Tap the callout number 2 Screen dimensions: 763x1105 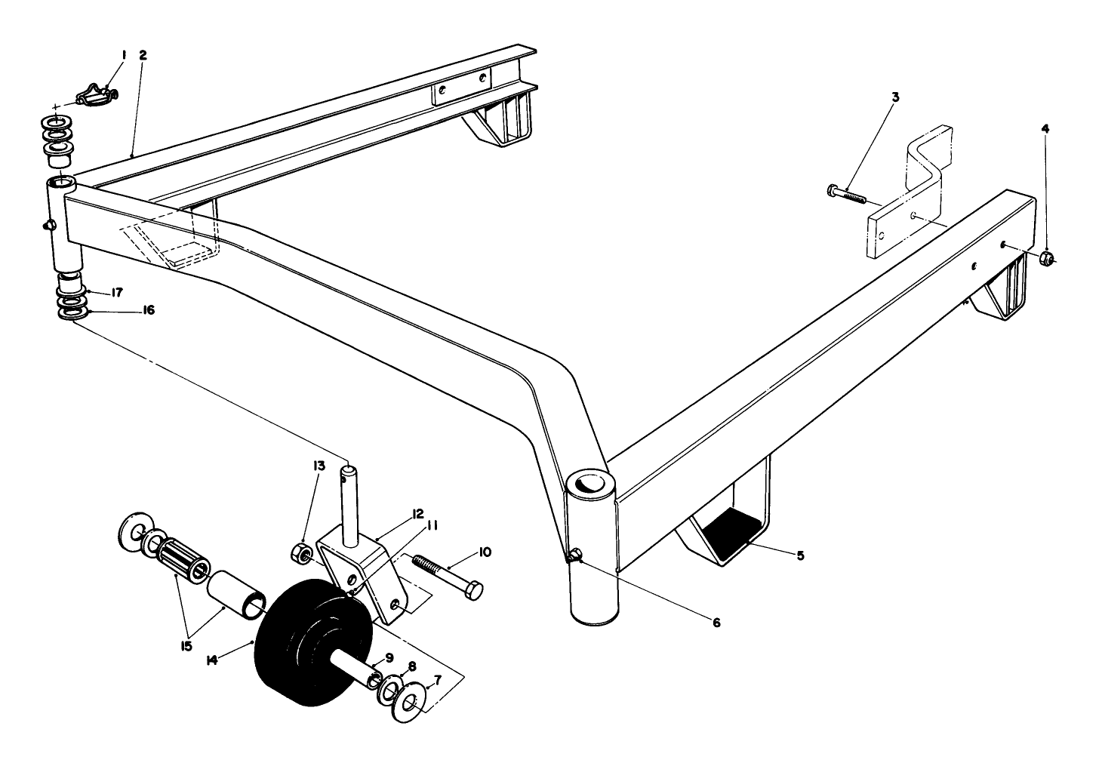(x=143, y=55)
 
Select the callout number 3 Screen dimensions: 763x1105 (x=895, y=97)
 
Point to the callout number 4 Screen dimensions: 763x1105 (x=1045, y=129)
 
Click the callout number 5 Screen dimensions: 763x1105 (x=801, y=555)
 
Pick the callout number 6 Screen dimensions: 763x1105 (x=716, y=623)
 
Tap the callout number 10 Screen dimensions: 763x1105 (x=485, y=552)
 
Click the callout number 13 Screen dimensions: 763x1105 (x=319, y=466)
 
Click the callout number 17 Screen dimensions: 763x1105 (x=117, y=292)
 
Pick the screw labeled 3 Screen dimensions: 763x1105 (x=846, y=195)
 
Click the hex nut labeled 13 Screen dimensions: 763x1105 (x=302, y=554)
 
